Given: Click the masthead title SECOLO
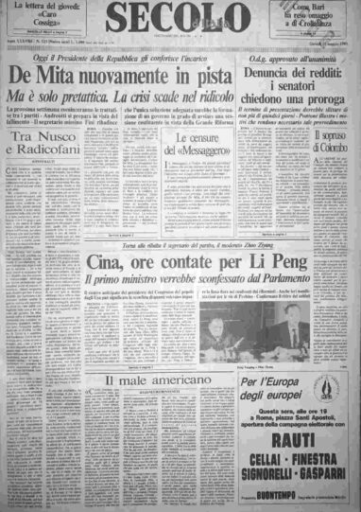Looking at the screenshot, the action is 180,20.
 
